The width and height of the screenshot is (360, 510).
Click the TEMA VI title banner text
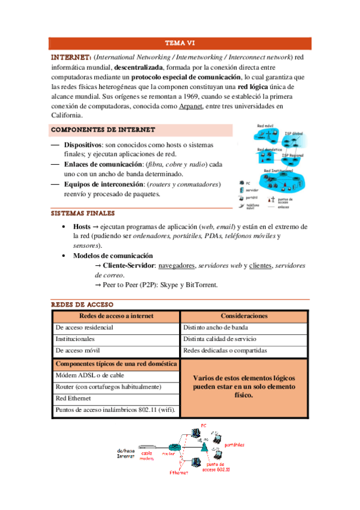coord(180,43)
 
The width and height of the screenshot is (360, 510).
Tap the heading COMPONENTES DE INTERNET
coord(103,130)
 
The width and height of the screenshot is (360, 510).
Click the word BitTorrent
coord(201,284)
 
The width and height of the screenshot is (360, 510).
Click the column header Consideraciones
coord(244,316)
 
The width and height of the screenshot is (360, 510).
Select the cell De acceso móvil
coord(78,351)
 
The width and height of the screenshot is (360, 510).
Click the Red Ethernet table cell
coord(75,399)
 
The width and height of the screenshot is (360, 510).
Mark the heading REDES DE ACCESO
coord(82,304)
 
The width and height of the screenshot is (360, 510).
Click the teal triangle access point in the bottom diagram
coord(205,449)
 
